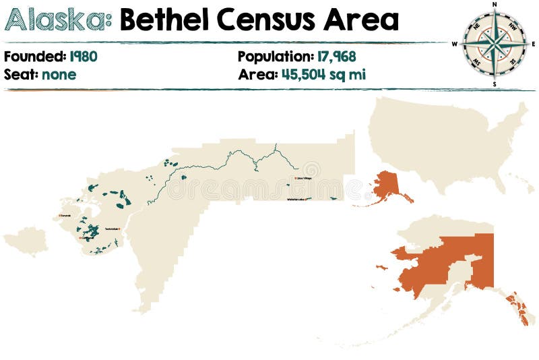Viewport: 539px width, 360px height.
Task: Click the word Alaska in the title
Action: [x=58, y=21]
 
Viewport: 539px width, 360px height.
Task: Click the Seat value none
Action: [x=59, y=74]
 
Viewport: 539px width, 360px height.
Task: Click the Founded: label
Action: [x=34, y=57]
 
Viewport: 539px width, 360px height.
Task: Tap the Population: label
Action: [x=274, y=57]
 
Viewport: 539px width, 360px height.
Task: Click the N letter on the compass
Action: [x=495, y=4]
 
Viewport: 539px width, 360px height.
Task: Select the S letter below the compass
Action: [x=495, y=84]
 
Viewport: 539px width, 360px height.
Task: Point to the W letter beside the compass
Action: [x=455, y=44]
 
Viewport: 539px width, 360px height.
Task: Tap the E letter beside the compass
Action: [x=534, y=44]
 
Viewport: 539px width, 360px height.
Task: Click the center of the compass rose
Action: [x=495, y=44]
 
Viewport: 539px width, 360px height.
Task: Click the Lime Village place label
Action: [x=303, y=179]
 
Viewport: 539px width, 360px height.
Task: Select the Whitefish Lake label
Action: [x=296, y=200]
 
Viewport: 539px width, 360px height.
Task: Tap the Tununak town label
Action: [x=65, y=216]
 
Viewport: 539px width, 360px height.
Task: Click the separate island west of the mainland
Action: [x=26, y=241]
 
